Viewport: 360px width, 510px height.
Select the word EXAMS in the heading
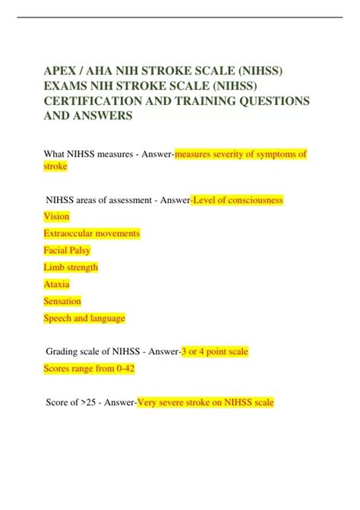(66, 85)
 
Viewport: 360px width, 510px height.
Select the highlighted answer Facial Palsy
(68, 250)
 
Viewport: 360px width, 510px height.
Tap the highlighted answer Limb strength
(71, 268)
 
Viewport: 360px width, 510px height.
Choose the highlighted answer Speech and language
(84, 318)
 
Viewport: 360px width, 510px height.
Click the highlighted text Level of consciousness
(238, 200)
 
